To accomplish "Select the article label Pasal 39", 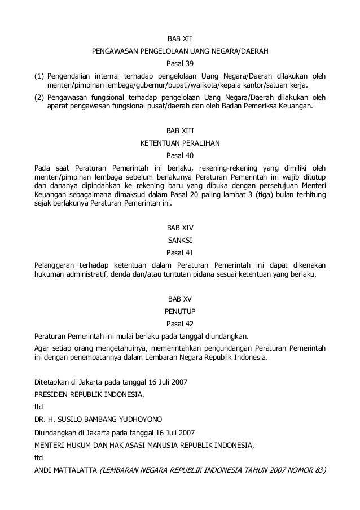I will tap(180, 63).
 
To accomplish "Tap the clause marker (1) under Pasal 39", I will tap(39, 75).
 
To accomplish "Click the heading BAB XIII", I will tap(180, 130).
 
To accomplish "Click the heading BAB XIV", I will tap(180, 228).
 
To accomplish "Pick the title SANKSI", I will tap(180, 240).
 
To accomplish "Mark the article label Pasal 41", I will tap(180, 252).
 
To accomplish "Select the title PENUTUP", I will tap(180, 311).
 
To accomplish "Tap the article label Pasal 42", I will tap(180, 324).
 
